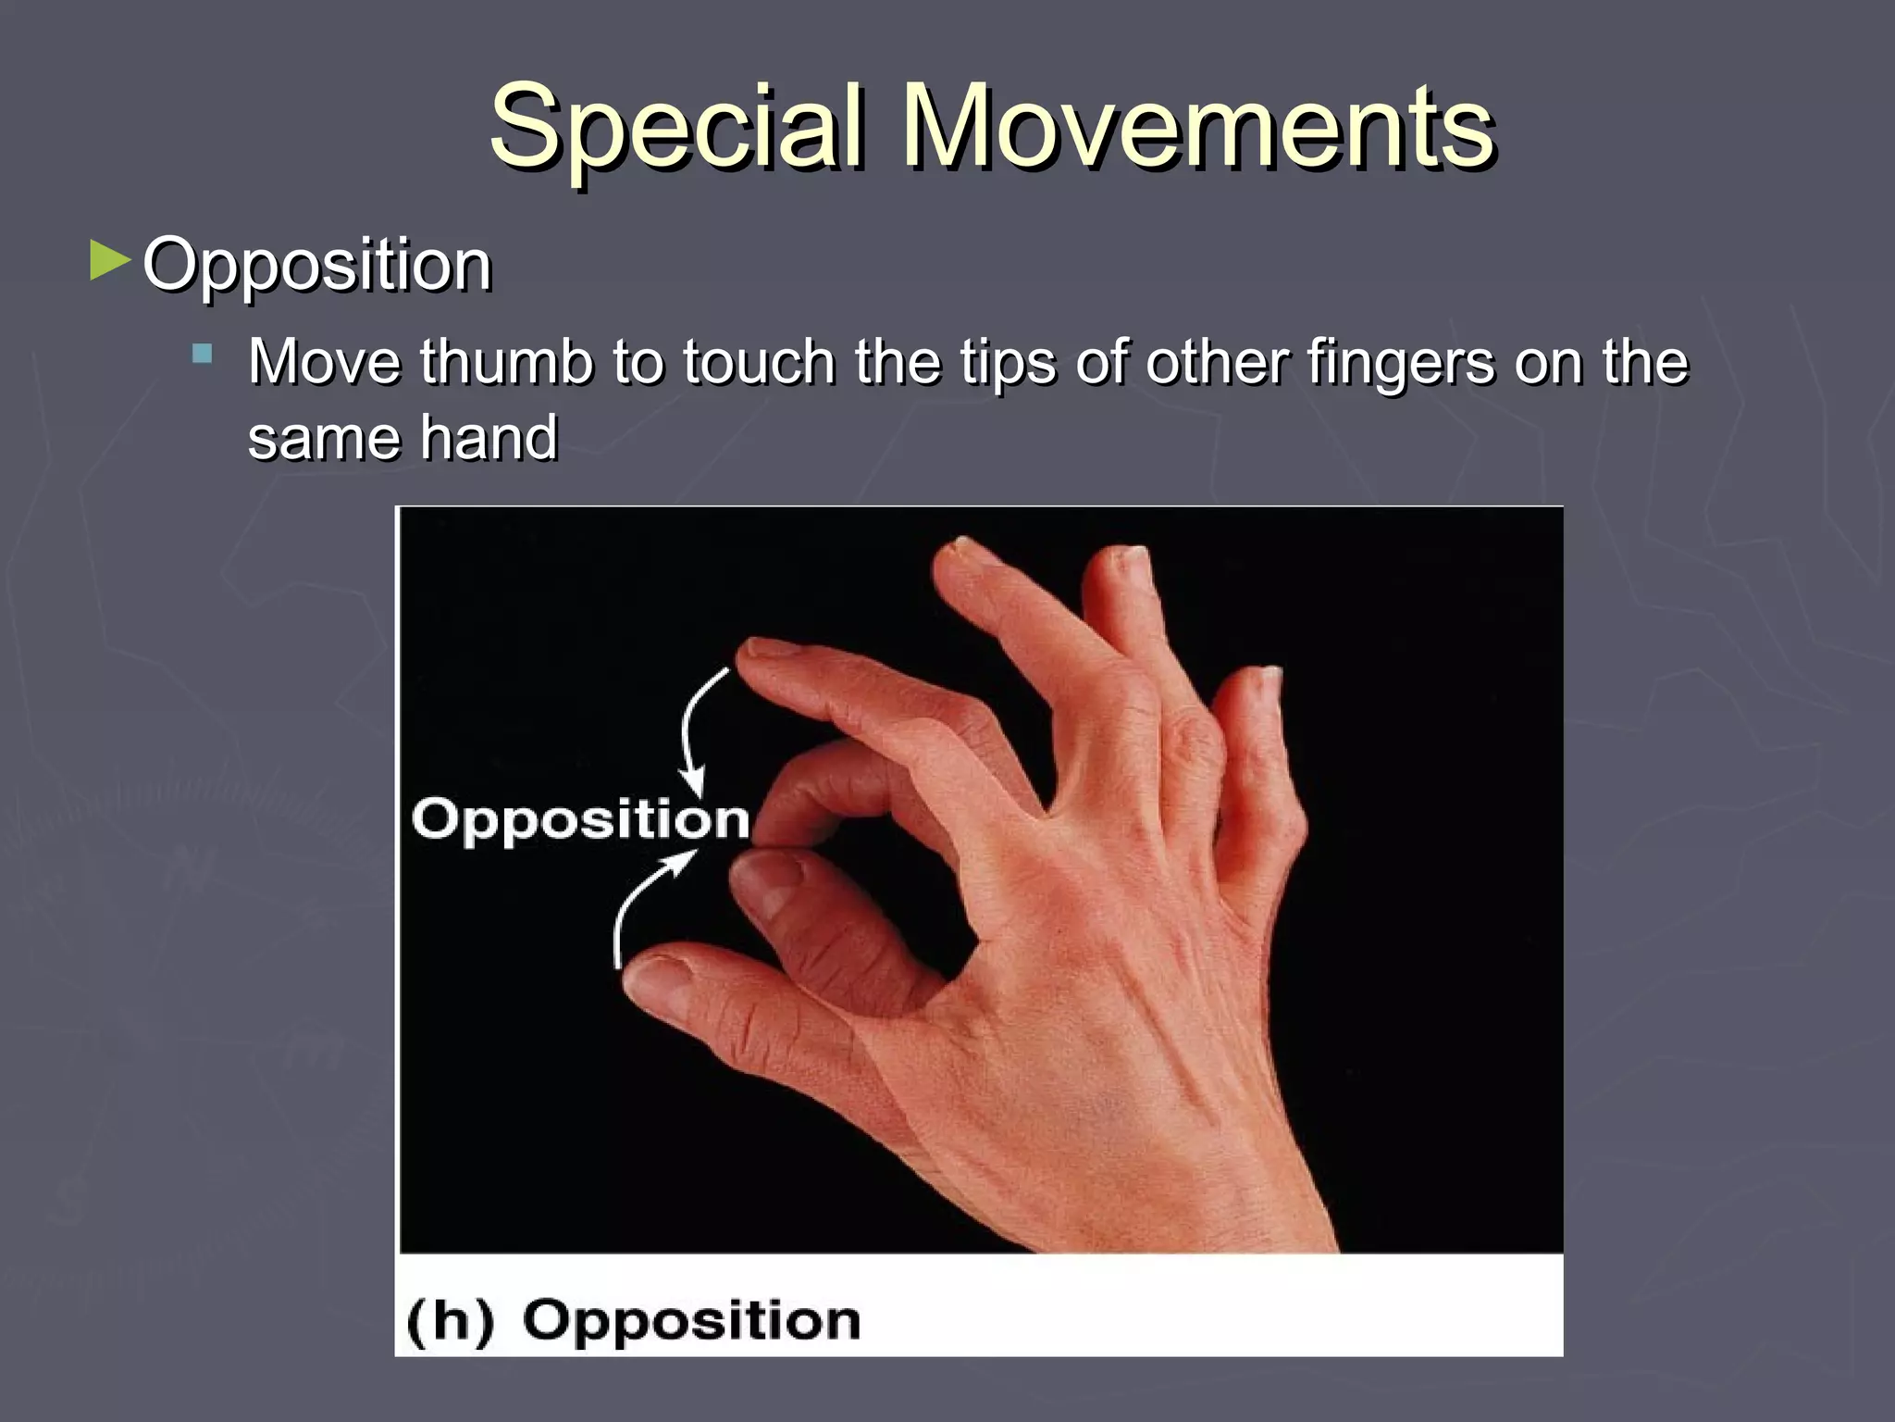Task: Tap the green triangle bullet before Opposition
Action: click(x=110, y=262)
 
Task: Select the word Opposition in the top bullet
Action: click(x=316, y=267)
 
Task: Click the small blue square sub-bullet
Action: click(x=202, y=354)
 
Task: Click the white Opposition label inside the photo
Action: click(x=580, y=820)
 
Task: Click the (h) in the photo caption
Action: click(x=450, y=1321)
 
